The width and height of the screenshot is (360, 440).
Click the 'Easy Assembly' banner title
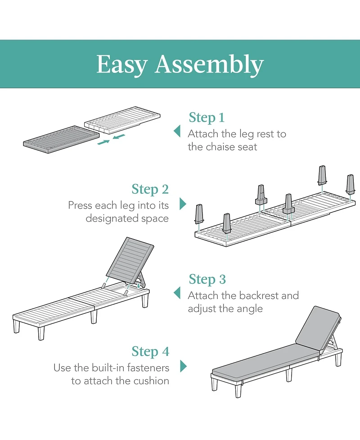coord(180,65)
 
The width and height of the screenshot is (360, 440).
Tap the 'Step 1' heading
coord(207,118)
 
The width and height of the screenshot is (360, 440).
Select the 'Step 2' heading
coord(150,190)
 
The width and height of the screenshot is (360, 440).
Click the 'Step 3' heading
coord(207,280)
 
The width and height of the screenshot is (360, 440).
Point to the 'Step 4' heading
coord(151,352)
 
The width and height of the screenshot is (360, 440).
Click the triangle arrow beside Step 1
coord(177,131)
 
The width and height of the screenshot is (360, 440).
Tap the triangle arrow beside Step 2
coord(183,204)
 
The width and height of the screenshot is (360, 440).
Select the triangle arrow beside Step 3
coord(177,293)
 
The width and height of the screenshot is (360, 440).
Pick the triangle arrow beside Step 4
coord(183,366)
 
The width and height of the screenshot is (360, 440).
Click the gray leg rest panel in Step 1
coord(61,140)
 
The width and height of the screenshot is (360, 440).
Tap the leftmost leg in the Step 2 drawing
coord(199,214)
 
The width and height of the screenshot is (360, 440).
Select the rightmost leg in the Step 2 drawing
coord(351,184)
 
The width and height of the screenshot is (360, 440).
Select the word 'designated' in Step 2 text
coord(111,219)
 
